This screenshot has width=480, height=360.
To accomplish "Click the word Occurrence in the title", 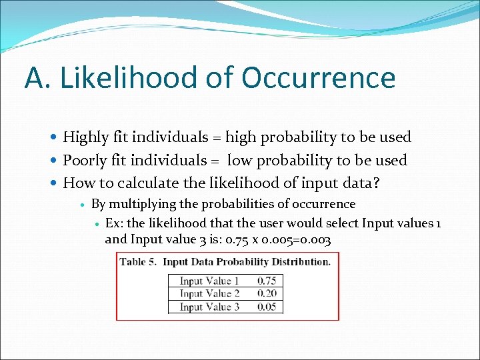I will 318,78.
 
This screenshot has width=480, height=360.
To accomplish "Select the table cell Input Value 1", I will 209,281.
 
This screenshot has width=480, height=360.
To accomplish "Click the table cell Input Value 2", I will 209,293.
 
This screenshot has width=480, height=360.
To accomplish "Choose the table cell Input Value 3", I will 209,307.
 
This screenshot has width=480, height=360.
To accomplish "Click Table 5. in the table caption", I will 138,261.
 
